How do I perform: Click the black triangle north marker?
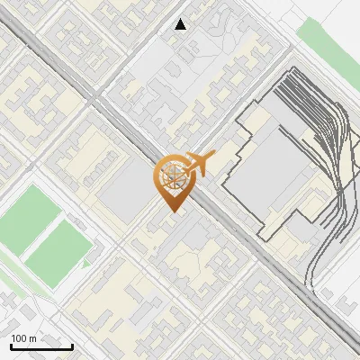click(181, 24)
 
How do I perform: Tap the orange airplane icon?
click(202, 163)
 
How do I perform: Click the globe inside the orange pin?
click(172, 175)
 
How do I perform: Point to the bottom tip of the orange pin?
click(172, 211)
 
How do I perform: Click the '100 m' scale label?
click(23, 338)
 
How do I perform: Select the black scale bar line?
click(41, 346)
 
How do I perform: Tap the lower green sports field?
click(59, 249)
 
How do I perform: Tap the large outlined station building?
click(265, 175)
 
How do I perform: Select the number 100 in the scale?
click(19, 338)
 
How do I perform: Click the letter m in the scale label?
click(32, 338)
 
